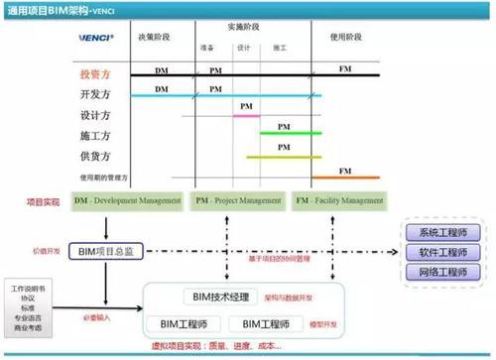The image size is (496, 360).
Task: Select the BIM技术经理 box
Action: [x=221, y=297]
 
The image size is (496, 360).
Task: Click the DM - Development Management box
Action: [x=128, y=201]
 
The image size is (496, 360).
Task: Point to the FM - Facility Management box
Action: [x=339, y=201]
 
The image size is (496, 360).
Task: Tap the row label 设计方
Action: [x=95, y=116]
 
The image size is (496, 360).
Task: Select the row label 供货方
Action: [x=95, y=156]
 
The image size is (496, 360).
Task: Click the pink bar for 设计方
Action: [x=246, y=116]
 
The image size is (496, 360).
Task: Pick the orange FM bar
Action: [x=345, y=178]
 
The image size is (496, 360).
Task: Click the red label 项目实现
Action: [x=43, y=201]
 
